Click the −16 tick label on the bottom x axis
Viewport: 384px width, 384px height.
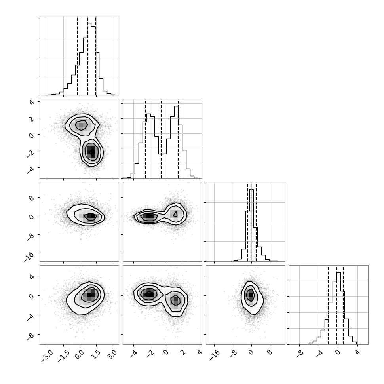click(x=215, y=355)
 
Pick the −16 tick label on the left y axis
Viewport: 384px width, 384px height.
click(x=29, y=257)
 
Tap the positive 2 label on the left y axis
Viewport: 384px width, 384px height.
click(x=31, y=118)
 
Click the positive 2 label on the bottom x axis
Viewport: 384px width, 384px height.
click(x=183, y=353)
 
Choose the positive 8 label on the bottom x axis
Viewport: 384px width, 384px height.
click(x=270, y=353)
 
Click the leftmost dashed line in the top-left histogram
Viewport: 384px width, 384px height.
click(x=78, y=56)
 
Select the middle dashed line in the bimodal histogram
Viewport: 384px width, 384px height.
click(x=161, y=139)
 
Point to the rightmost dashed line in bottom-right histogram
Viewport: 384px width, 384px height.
click(x=343, y=305)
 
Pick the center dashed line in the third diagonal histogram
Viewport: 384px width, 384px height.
click(x=251, y=222)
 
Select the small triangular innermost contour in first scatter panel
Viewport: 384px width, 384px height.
click(x=91, y=152)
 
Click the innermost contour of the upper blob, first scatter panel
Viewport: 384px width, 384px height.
click(x=81, y=125)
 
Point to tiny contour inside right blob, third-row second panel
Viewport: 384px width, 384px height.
click(x=175, y=214)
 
